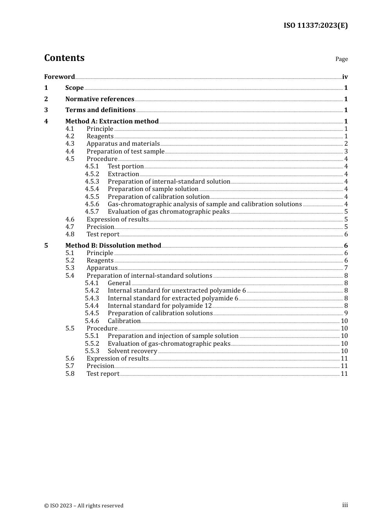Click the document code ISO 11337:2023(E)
click(315, 25)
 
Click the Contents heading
click(64, 58)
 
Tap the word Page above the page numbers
click(341, 59)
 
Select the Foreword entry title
click(59, 77)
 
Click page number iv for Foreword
click(345, 77)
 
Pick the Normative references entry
click(100, 99)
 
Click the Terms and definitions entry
click(100, 110)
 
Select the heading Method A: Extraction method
click(112, 121)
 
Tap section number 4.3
click(70, 144)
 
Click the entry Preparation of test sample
click(125, 151)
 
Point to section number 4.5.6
click(92, 204)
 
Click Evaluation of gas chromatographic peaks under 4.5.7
click(168, 211)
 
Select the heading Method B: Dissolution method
click(113, 245)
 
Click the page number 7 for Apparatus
click(346, 268)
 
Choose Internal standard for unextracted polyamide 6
click(177, 290)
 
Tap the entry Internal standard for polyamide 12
click(159, 305)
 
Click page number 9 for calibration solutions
click(346, 313)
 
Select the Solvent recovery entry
click(132, 351)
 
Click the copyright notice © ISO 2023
click(84, 505)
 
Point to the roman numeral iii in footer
click(345, 505)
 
